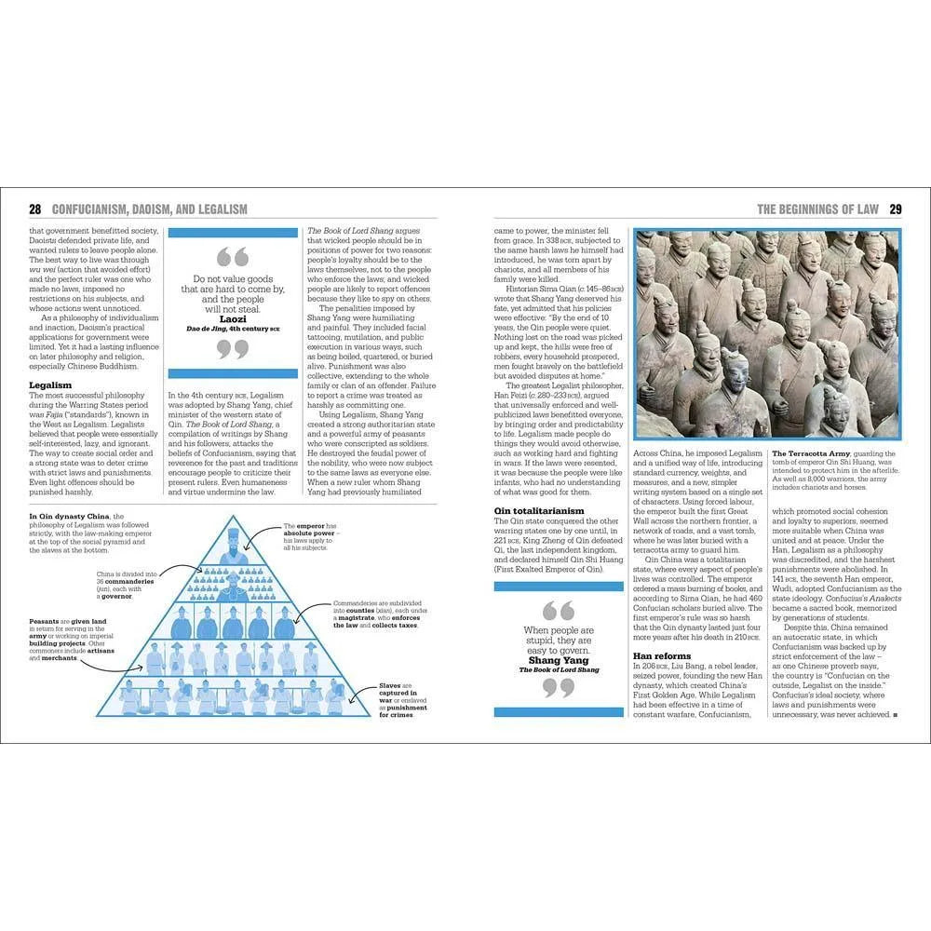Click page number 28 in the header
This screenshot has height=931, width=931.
pos(34,209)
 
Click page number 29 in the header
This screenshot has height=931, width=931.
pos(896,209)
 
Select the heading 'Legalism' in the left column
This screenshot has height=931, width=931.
pos(50,384)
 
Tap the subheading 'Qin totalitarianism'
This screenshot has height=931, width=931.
pos(539,510)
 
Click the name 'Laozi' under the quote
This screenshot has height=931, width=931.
pos(233,318)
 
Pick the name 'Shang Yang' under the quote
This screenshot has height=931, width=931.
pos(558,660)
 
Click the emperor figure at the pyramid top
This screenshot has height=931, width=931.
pos(234,545)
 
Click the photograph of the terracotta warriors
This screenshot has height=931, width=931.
pos(766,334)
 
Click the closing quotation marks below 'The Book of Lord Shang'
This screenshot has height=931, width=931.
pos(558,689)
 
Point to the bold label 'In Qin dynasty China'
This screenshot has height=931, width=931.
pos(68,516)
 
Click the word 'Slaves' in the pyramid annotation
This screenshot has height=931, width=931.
pos(391,686)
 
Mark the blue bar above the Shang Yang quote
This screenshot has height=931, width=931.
pos(558,587)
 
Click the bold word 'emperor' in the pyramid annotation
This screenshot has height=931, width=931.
pos(312,526)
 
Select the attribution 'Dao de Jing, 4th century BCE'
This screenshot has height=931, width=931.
pos(233,329)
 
